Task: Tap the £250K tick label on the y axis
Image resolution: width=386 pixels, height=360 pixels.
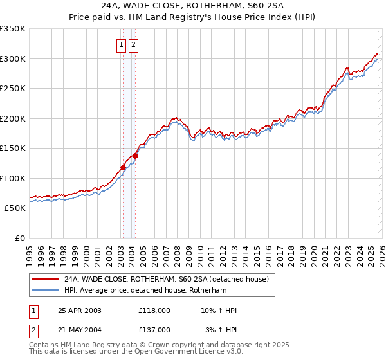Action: [x=13, y=89]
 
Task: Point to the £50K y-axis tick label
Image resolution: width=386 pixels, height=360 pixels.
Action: [x=15, y=208]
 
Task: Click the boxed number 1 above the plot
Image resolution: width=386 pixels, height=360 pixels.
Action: [x=121, y=45]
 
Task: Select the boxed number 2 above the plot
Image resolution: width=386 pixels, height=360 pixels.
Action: [x=133, y=45]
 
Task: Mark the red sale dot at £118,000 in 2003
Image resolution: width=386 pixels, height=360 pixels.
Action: [x=123, y=168]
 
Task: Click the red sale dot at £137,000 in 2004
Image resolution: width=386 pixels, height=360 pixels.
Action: [x=135, y=156]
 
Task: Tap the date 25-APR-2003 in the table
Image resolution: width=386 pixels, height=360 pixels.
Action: [x=80, y=310]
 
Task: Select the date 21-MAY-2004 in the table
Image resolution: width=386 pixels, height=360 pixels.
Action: [x=80, y=330]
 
